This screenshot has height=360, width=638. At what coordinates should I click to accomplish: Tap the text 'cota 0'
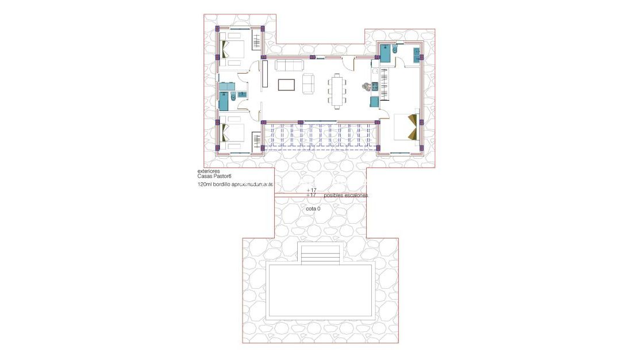(x=313, y=209)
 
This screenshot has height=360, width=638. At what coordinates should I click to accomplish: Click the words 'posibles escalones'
(x=345, y=196)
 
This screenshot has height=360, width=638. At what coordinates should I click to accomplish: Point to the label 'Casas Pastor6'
(x=214, y=177)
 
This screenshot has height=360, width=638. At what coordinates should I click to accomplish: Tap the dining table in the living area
(x=337, y=91)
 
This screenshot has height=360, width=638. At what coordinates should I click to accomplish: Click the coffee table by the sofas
(x=287, y=85)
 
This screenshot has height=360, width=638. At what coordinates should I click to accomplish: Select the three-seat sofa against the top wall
(x=289, y=65)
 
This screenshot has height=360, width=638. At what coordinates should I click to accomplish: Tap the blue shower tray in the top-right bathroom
(x=385, y=52)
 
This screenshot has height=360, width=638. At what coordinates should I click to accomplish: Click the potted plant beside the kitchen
(x=365, y=87)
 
